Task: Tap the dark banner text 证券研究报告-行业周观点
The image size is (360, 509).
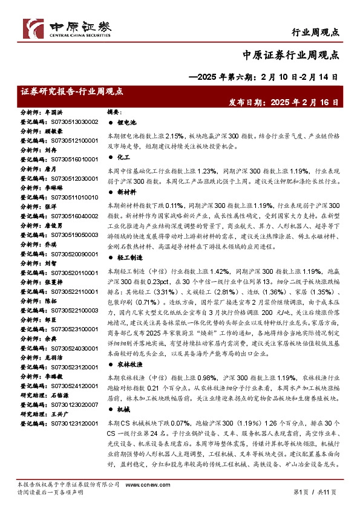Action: [71, 91]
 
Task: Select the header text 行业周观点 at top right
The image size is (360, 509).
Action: [315, 31]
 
